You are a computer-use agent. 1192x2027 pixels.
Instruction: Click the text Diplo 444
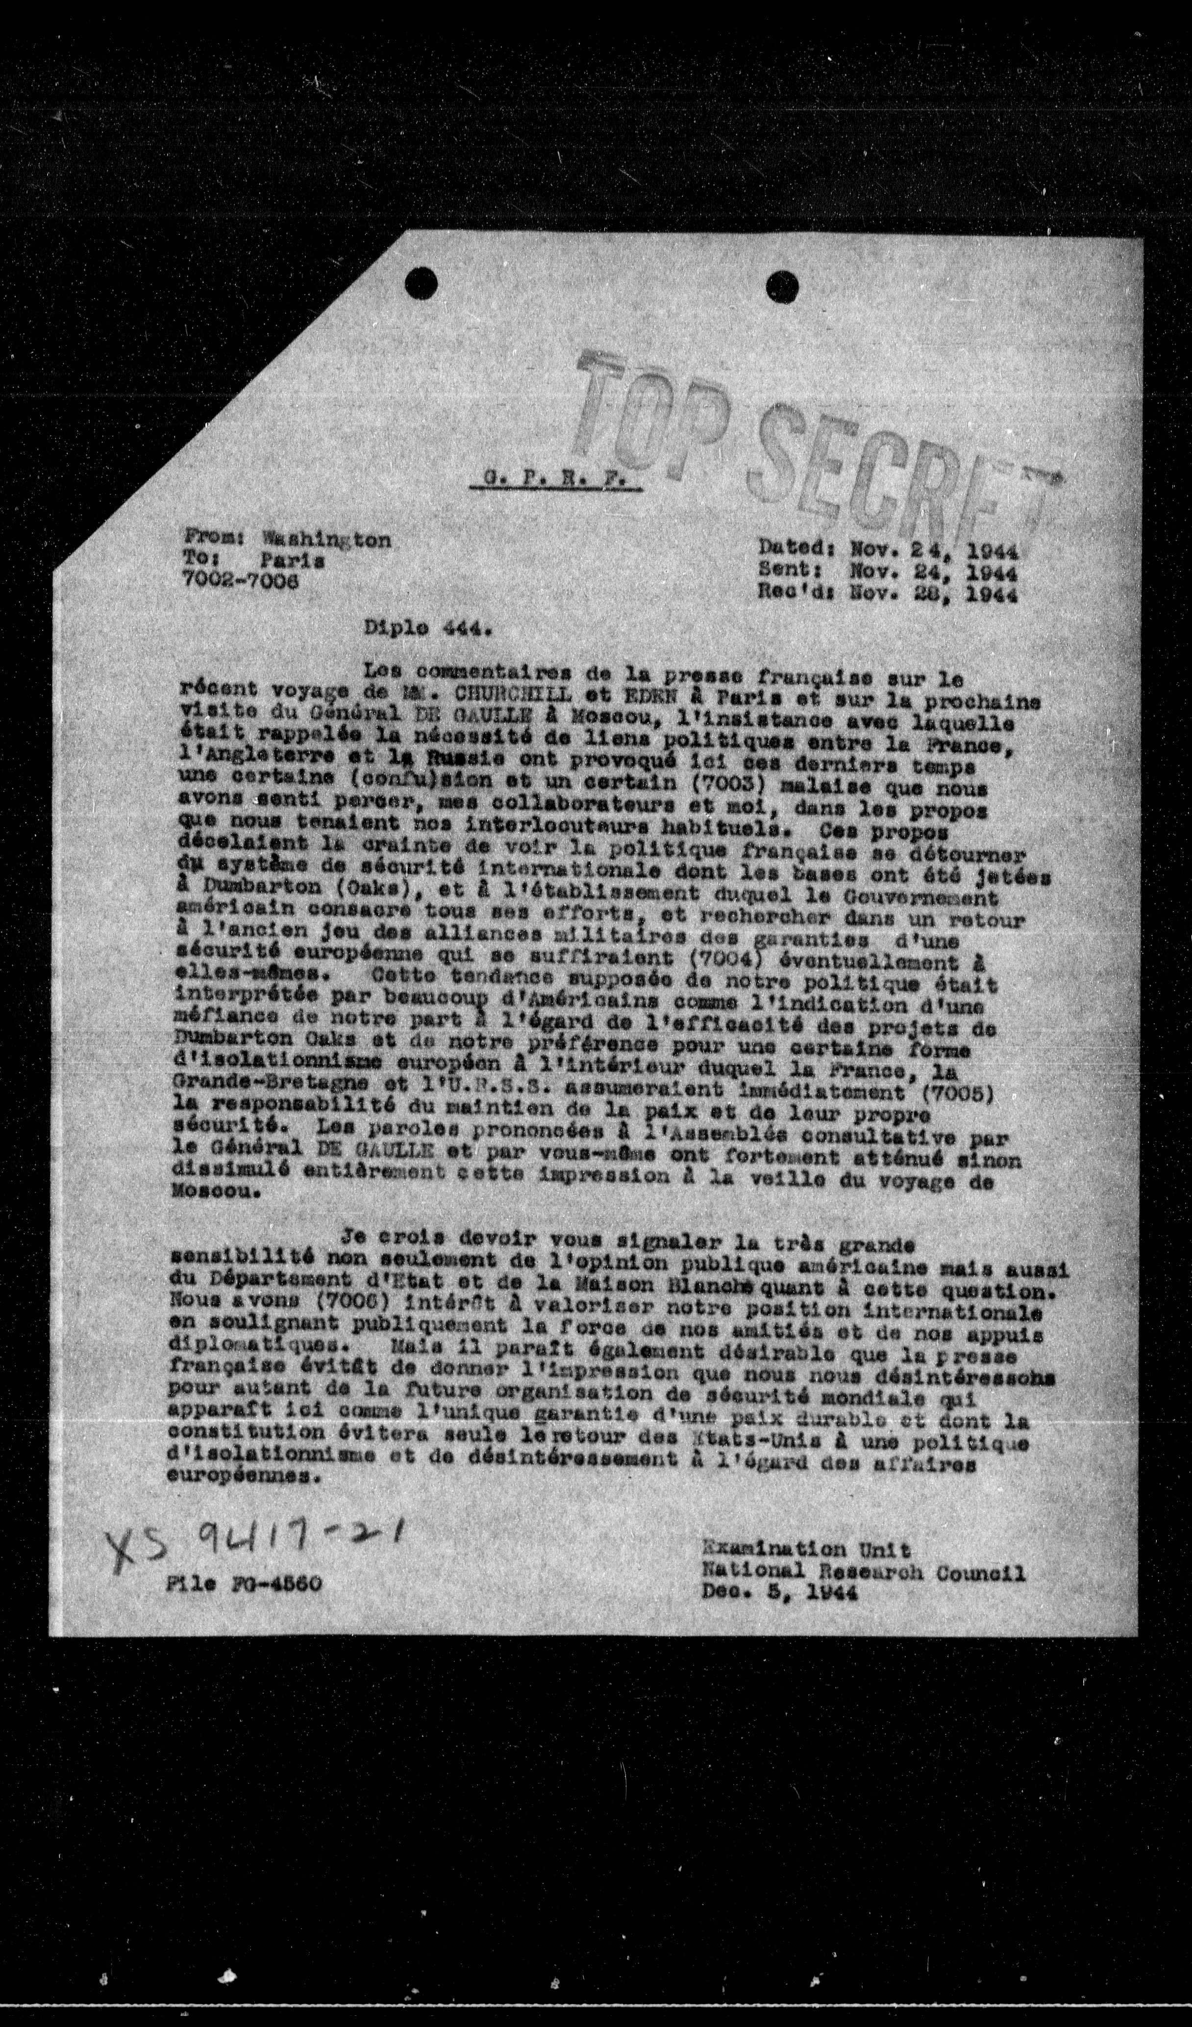click(x=427, y=630)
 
